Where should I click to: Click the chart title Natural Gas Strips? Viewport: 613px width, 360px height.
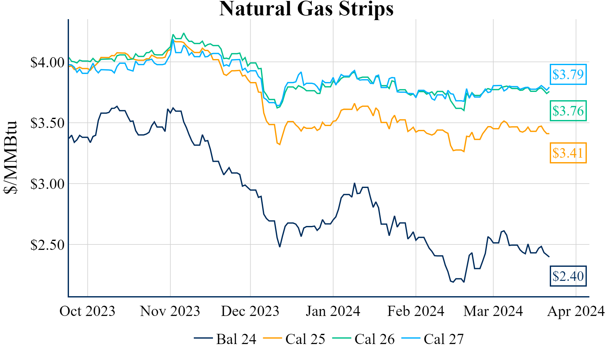tap(306, 9)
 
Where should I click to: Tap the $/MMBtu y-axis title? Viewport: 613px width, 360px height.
tap(10, 157)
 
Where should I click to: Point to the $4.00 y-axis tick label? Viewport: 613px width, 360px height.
tap(47, 63)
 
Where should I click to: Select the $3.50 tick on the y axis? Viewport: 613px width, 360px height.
tap(47, 123)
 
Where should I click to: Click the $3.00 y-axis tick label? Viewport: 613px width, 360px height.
tap(47, 184)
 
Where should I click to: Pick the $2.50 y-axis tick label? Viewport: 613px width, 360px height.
tap(47, 245)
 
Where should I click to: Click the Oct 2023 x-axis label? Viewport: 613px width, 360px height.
tap(87, 311)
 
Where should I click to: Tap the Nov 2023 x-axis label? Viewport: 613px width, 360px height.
tap(170, 311)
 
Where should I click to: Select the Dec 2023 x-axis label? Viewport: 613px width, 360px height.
tap(250, 311)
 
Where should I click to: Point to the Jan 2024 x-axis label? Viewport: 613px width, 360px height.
tap(333, 311)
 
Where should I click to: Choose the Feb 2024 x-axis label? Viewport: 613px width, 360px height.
tap(416, 311)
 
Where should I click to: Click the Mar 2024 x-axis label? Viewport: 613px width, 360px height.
tap(493, 311)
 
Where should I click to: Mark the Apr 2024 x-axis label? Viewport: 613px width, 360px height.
tap(576, 311)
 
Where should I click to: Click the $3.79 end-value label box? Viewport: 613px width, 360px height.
tap(568, 75)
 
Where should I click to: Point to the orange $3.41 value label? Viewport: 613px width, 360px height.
tap(568, 153)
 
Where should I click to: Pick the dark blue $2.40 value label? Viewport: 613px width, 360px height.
tap(568, 276)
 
